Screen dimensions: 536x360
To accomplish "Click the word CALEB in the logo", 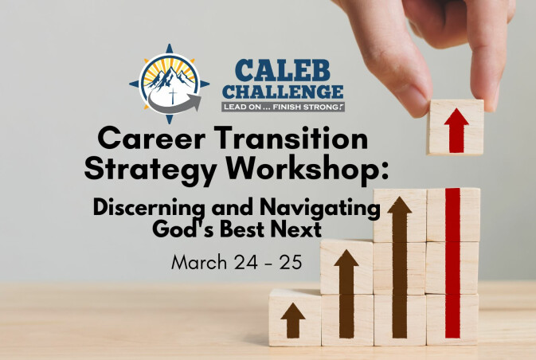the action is [283, 71].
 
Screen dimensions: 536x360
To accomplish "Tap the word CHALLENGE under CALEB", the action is [284, 92].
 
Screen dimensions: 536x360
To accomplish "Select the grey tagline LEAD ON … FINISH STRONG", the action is [283, 107].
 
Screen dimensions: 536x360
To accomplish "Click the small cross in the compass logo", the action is [173, 96].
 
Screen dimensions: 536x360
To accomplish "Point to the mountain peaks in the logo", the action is [170, 78].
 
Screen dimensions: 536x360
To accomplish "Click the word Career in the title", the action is [152, 139].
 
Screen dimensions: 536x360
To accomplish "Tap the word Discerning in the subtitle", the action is [149, 208].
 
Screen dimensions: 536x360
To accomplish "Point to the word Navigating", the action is [320, 208].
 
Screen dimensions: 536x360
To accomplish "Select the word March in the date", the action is [199, 263].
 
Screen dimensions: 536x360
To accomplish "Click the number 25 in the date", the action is [291, 263].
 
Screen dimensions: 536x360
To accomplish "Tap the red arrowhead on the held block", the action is [456, 116].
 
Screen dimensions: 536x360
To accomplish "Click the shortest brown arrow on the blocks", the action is [293, 320].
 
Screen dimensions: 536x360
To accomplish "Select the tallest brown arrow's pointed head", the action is [400, 205].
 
